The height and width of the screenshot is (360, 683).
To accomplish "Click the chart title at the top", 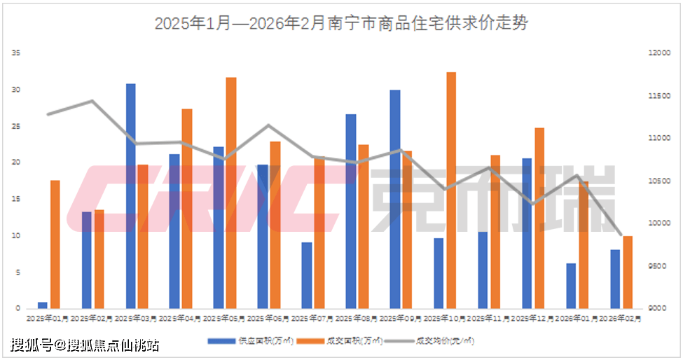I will pyautogui.click(x=341, y=23).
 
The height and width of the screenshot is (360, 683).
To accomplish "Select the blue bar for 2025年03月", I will pyautogui.click(x=130, y=196).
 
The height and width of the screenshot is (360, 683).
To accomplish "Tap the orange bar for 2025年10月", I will pyautogui.click(x=451, y=190).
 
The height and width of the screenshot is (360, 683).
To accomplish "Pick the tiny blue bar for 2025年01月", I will pyautogui.click(x=43, y=305).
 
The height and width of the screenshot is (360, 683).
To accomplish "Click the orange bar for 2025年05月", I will pyautogui.click(x=231, y=193).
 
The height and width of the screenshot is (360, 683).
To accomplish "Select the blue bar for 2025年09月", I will pyautogui.click(x=395, y=199).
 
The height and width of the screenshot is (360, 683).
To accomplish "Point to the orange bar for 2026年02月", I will pyautogui.click(x=628, y=272).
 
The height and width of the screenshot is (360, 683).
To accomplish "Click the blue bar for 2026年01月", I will pyautogui.click(x=571, y=286).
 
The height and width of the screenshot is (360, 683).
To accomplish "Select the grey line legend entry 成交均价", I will pyautogui.click(x=436, y=342).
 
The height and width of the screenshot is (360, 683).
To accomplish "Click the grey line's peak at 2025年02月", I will pyautogui.click(x=92, y=101).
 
